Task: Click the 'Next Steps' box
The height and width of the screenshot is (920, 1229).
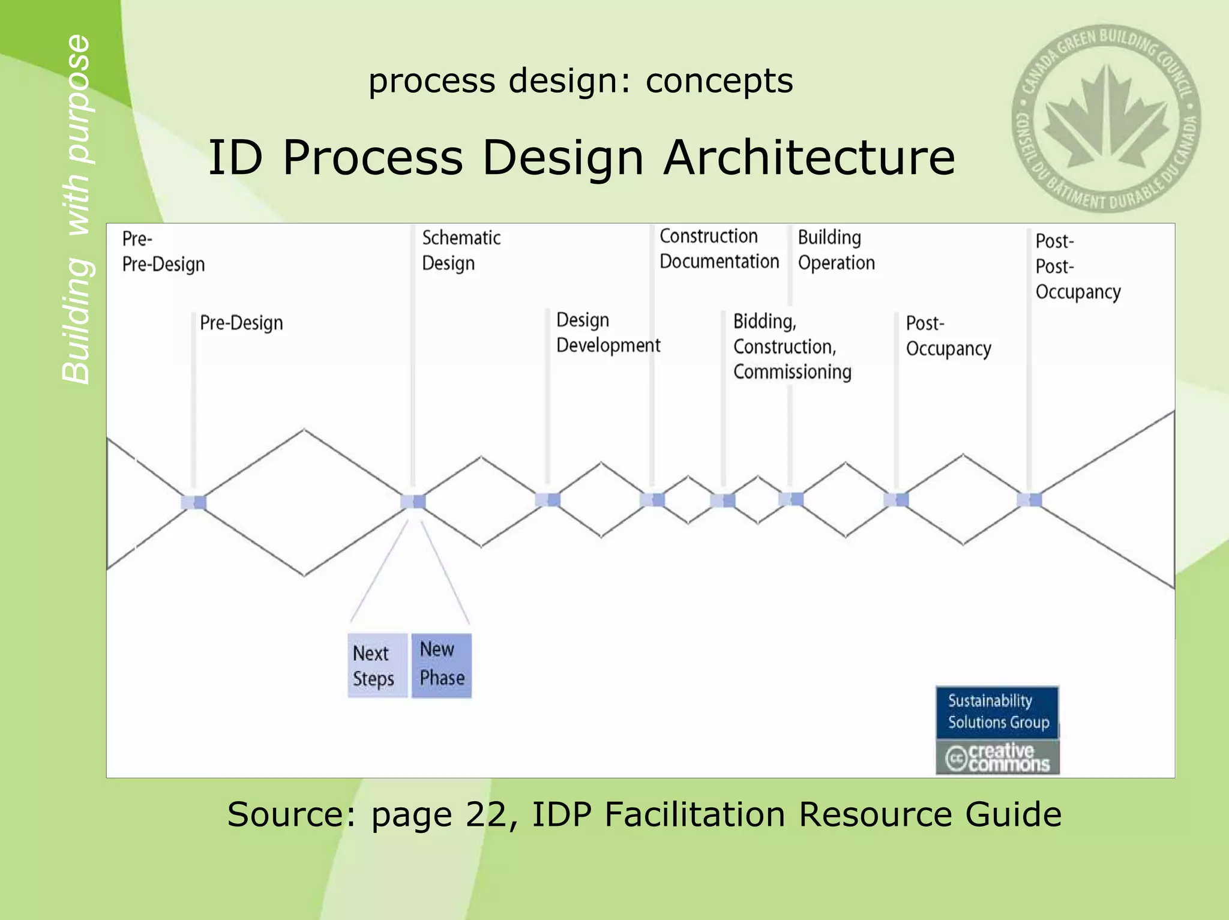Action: pyautogui.click(x=377, y=666)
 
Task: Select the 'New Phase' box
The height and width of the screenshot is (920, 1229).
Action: pyautogui.click(x=442, y=664)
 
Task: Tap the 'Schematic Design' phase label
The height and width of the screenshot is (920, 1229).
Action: pyautogui.click(x=461, y=250)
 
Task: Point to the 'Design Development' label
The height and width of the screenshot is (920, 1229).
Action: pyautogui.click(x=607, y=332)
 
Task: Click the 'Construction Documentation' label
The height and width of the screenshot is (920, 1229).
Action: pyautogui.click(x=719, y=248)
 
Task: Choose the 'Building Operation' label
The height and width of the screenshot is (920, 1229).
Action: pyautogui.click(x=836, y=250)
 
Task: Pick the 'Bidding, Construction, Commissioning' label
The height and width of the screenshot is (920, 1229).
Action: pyautogui.click(x=792, y=346)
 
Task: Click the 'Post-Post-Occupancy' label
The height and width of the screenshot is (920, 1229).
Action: pyautogui.click(x=1077, y=266)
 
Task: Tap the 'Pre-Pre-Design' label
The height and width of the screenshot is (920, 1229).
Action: pyautogui.click(x=163, y=251)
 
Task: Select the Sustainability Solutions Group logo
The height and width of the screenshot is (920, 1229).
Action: pyautogui.click(x=997, y=712)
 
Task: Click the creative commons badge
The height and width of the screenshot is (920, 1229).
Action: pyautogui.click(x=997, y=757)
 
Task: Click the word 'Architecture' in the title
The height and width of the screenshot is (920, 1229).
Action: pyautogui.click(x=809, y=157)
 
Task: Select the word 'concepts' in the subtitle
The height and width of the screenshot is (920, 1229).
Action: pyautogui.click(x=719, y=80)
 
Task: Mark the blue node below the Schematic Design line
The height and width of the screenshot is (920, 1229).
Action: pyautogui.click(x=413, y=501)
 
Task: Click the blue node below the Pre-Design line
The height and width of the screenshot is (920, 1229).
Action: pyautogui.click(x=194, y=502)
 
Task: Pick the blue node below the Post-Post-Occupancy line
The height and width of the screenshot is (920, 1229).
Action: pyautogui.click(x=1029, y=499)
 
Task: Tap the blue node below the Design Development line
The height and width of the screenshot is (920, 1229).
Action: pyautogui.click(x=547, y=499)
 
